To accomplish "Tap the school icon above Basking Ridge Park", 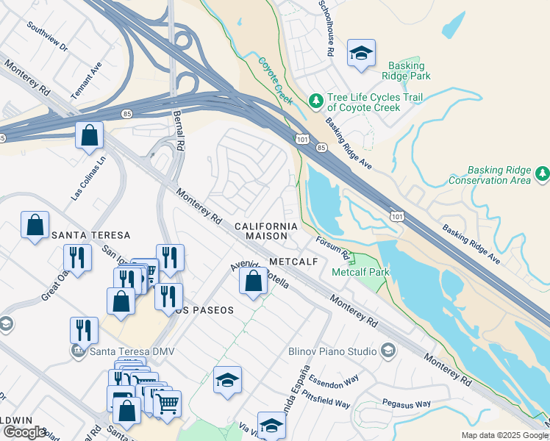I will tap(361, 54).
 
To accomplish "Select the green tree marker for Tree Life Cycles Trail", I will tap(315, 99).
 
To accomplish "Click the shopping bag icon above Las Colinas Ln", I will tap(89, 136).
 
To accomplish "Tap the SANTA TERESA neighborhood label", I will tap(91, 235).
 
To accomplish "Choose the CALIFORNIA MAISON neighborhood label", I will tap(266, 232).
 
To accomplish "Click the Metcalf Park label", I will tap(360, 273).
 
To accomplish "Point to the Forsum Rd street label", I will tap(333, 247).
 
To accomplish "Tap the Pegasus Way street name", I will tap(407, 404).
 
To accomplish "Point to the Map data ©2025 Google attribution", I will tap(504, 435).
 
